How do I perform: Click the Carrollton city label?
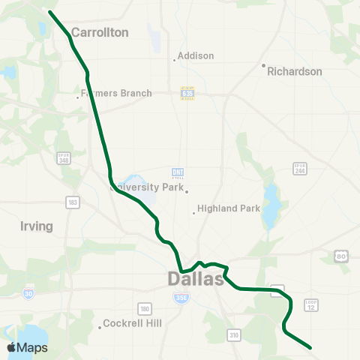point(100,33)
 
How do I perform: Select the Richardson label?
point(295,72)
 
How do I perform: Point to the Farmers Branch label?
point(117,94)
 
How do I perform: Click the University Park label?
point(147,187)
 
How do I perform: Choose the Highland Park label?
point(228,208)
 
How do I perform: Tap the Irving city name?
point(37,226)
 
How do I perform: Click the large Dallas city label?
point(195,280)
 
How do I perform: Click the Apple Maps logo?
point(28,347)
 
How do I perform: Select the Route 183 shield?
point(73,202)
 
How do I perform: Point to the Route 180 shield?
point(145,308)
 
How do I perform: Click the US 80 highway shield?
point(341,257)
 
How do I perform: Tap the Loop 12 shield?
point(311,305)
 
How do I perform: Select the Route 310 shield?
point(235,334)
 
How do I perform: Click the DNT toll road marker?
point(178,172)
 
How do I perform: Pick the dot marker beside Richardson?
point(264,65)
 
